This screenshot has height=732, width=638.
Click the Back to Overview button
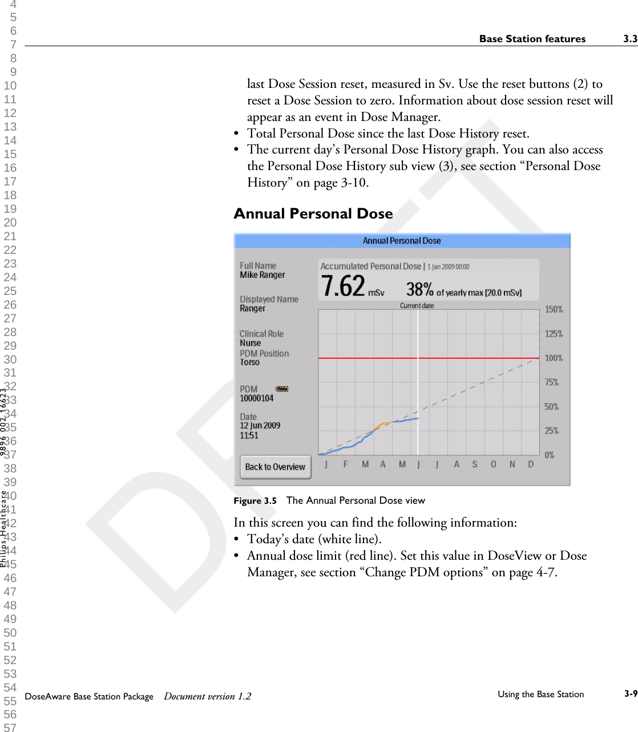click(x=275, y=467)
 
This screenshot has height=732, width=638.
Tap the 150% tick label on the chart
click(x=554, y=309)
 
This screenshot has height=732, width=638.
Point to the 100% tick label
click(x=554, y=358)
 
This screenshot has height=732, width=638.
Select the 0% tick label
click(x=550, y=455)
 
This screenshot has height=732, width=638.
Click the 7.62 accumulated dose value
click(x=343, y=286)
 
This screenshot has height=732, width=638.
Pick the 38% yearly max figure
click(x=419, y=289)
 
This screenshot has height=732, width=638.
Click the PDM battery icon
click(x=282, y=389)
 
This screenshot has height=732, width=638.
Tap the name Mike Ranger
click(x=263, y=275)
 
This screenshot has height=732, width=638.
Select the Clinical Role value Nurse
click(x=251, y=343)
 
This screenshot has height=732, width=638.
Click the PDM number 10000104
click(x=257, y=398)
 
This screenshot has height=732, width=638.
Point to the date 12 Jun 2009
click(x=260, y=426)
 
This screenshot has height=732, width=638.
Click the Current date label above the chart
click(x=417, y=306)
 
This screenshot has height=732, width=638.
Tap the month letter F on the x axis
click(x=345, y=464)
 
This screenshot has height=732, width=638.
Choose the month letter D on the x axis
click(x=531, y=464)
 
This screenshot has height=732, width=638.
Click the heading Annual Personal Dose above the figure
click(x=313, y=214)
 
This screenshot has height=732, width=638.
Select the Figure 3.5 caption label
click(x=255, y=501)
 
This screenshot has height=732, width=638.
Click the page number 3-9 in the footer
click(x=630, y=694)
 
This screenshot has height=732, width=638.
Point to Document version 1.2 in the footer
click(x=208, y=696)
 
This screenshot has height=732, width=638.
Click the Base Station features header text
click(x=532, y=39)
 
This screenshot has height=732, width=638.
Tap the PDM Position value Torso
click(x=249, y=362)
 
